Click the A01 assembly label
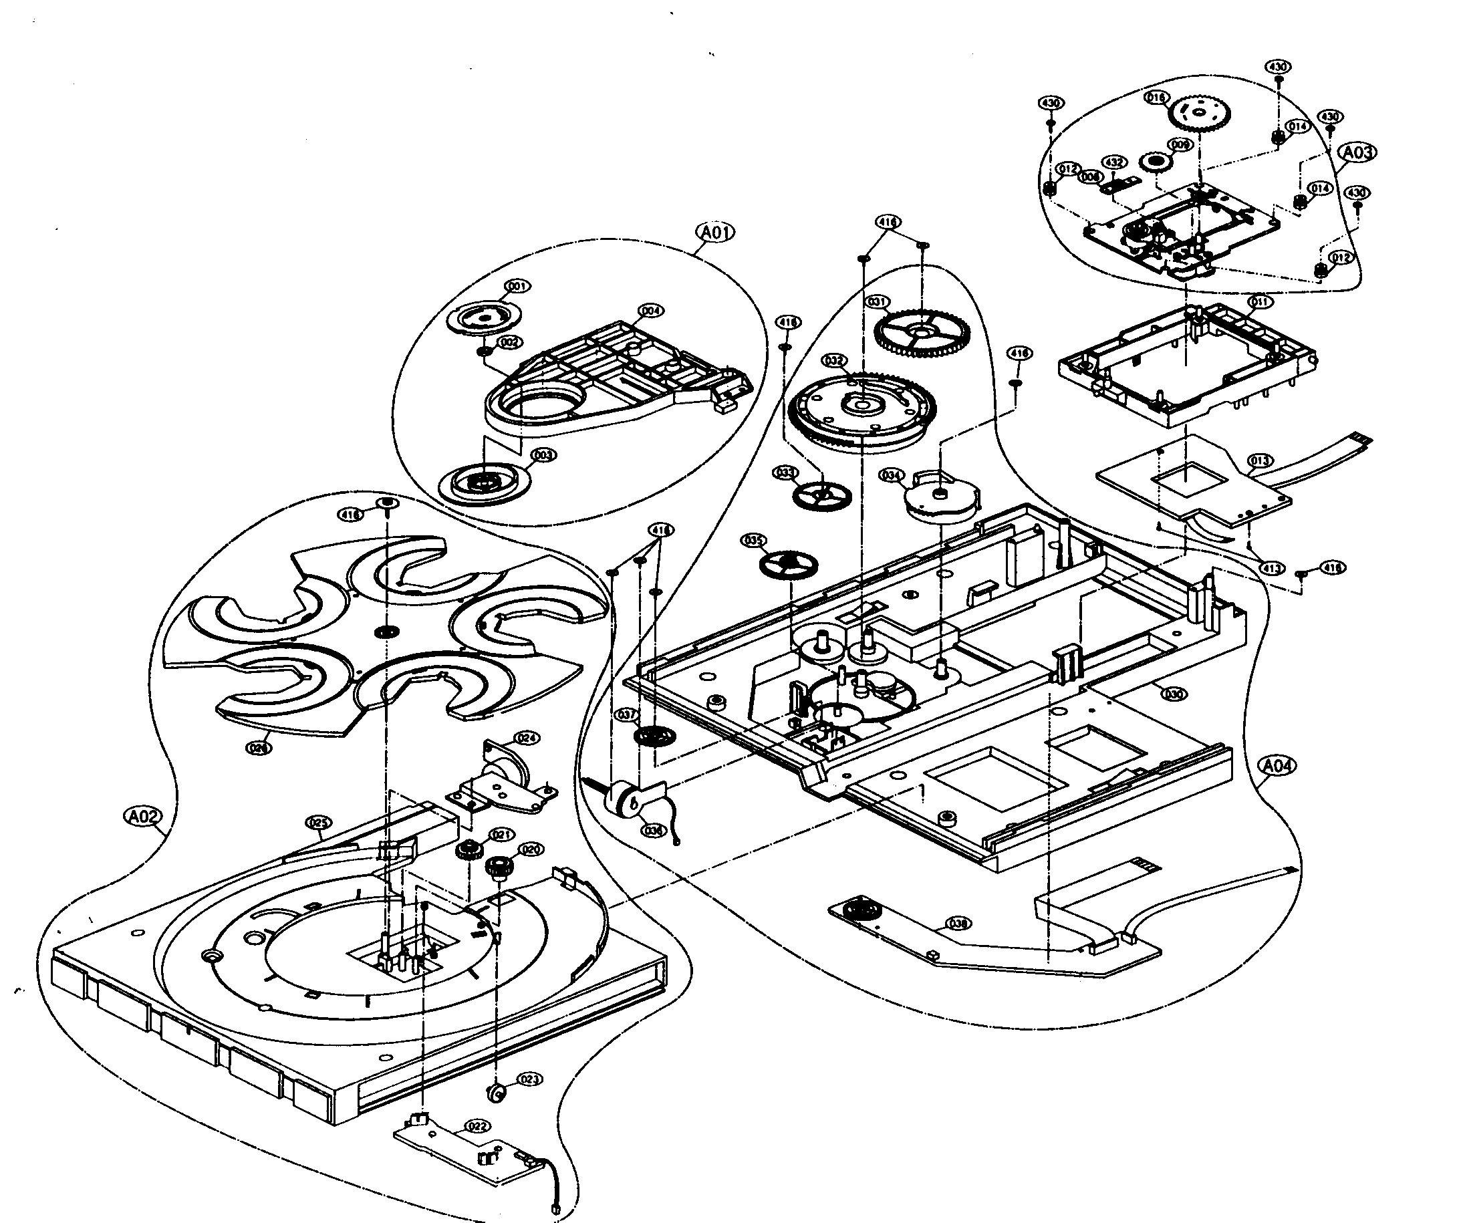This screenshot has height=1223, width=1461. (x=715, y=233)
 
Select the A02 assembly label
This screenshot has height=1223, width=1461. (x=142, y=817)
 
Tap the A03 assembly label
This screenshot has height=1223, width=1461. (x=1357, y=152)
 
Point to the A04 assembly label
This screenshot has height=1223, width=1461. (x=1278, y=766)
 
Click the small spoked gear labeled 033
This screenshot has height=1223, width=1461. (x=822, y=495)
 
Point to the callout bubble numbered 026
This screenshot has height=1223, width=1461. (x=258, y=749)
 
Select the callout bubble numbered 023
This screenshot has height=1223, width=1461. (x=529, y=1079)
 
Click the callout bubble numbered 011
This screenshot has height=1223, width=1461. (x=1260, y=301)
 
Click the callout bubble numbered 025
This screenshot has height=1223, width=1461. (x=318, y=823)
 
